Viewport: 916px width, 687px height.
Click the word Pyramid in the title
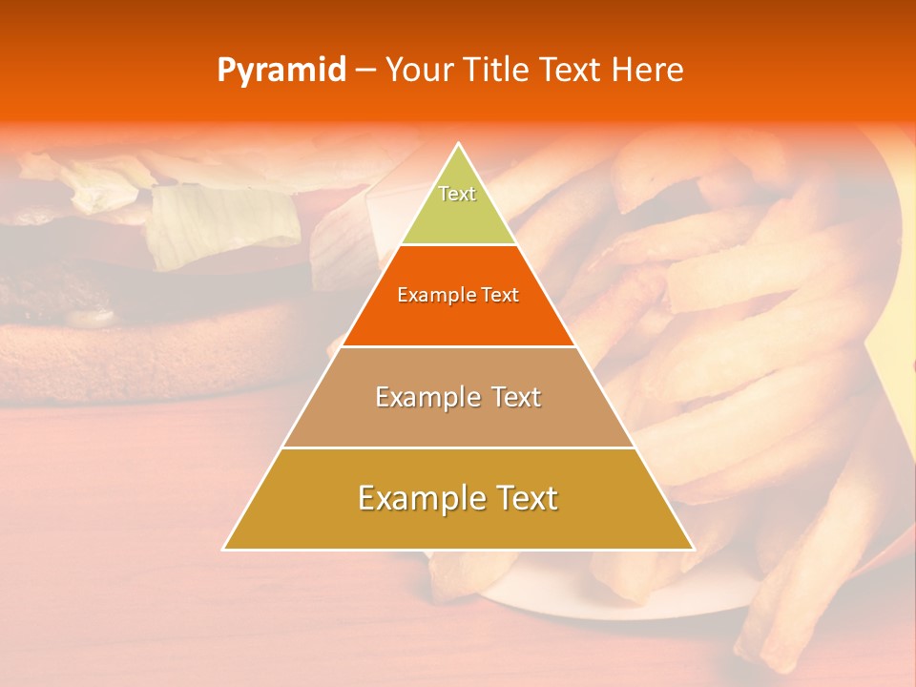pyautogui.click(x=281, y=71)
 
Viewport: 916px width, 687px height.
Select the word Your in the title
pyautogui.click(x=420, y=71)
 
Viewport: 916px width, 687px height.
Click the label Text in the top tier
pyautogui.click(x=457, y=194)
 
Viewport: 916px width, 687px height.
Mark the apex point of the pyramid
pyautogui.click(x=458, y=144)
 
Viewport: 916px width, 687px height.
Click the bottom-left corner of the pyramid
pyautogui.click(x=224, y=549)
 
